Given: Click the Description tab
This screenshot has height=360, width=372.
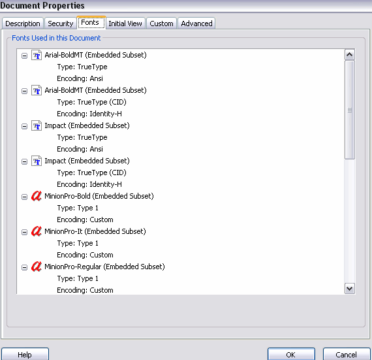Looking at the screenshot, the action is coord(23,24).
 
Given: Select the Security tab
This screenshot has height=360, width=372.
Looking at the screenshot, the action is coord(61,24).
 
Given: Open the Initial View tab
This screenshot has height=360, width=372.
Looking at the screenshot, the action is coord(125,24).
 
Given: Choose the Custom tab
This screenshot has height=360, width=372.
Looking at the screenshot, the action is coord(161,24).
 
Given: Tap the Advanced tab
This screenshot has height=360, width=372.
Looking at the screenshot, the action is coord(196,24).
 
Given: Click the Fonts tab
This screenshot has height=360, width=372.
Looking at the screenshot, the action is coord(91,23).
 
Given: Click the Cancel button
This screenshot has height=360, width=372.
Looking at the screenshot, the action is coord(347,354).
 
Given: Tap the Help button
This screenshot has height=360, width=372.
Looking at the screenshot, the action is coord(25,354).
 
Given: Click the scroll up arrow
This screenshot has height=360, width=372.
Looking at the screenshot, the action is coord(349,55).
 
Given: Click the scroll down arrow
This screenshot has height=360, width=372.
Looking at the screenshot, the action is coord(349,289).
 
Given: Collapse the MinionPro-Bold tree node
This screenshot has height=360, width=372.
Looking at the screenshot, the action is coord(24,197).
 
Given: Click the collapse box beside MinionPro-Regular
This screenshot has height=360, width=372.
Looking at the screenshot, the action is coord(24,267).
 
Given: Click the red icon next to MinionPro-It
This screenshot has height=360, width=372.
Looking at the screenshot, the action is coord(37,231).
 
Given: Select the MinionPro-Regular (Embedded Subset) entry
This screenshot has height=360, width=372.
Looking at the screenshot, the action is coord(104,267).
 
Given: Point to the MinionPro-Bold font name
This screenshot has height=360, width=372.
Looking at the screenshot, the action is coord(68,196).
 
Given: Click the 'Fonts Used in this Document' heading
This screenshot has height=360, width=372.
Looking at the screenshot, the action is coord(56,38).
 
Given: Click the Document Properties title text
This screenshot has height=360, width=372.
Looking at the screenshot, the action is coord(42,5).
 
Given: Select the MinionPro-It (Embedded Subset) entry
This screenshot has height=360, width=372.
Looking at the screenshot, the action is coord(95,231).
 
